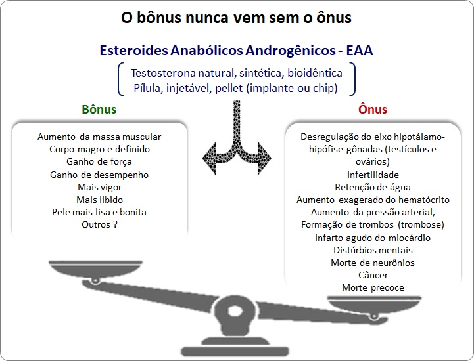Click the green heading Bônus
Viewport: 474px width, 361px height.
pyautogui.click(x=99, y=109)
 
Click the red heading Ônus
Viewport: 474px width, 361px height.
pyautogui.click(x=372, y=109)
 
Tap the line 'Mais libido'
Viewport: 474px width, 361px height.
pyautogui.click(x=99, y=200)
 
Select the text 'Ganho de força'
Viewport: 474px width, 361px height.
pyautogui.click(x=99, y=161)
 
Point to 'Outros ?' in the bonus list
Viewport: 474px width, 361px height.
pyautogui.click(x=99, y=224)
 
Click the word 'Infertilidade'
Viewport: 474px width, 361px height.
pyautogui.click(x=373, y=175)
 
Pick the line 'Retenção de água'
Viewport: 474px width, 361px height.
pyautogui.click(x=373, y=187)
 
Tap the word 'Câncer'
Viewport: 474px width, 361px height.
pyautogui.click(x=373, y=275)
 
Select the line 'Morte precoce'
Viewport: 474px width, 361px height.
pyautogui.click(x=373, y=287)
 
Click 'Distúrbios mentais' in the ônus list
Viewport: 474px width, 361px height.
pyautogui.click(x=373, y=250)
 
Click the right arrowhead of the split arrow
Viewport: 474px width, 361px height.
pyautogui.click(x=264, y=158)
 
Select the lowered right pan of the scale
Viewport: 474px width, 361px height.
pyautogui.click(x=374, y=305)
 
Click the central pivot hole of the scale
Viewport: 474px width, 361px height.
pyautogui.click(x=235, y=311)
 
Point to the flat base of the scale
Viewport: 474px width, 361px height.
pyautogui.click(x=235, y=351)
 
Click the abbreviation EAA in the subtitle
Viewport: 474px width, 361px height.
pyautogui.click(x=360, y=50)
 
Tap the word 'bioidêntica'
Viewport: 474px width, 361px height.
pyautogui.click(x=315, y=73)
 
